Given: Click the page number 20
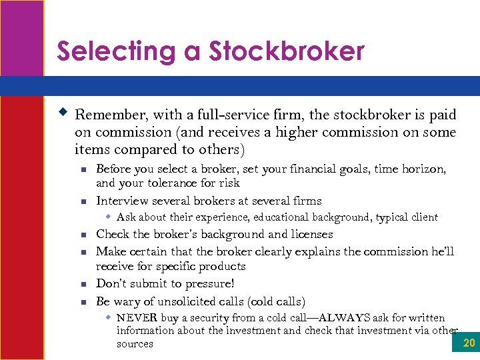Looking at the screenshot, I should [x=468, y=343].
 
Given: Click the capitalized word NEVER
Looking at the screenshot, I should [x=138, y=318].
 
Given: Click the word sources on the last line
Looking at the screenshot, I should [x=135, y=345].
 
